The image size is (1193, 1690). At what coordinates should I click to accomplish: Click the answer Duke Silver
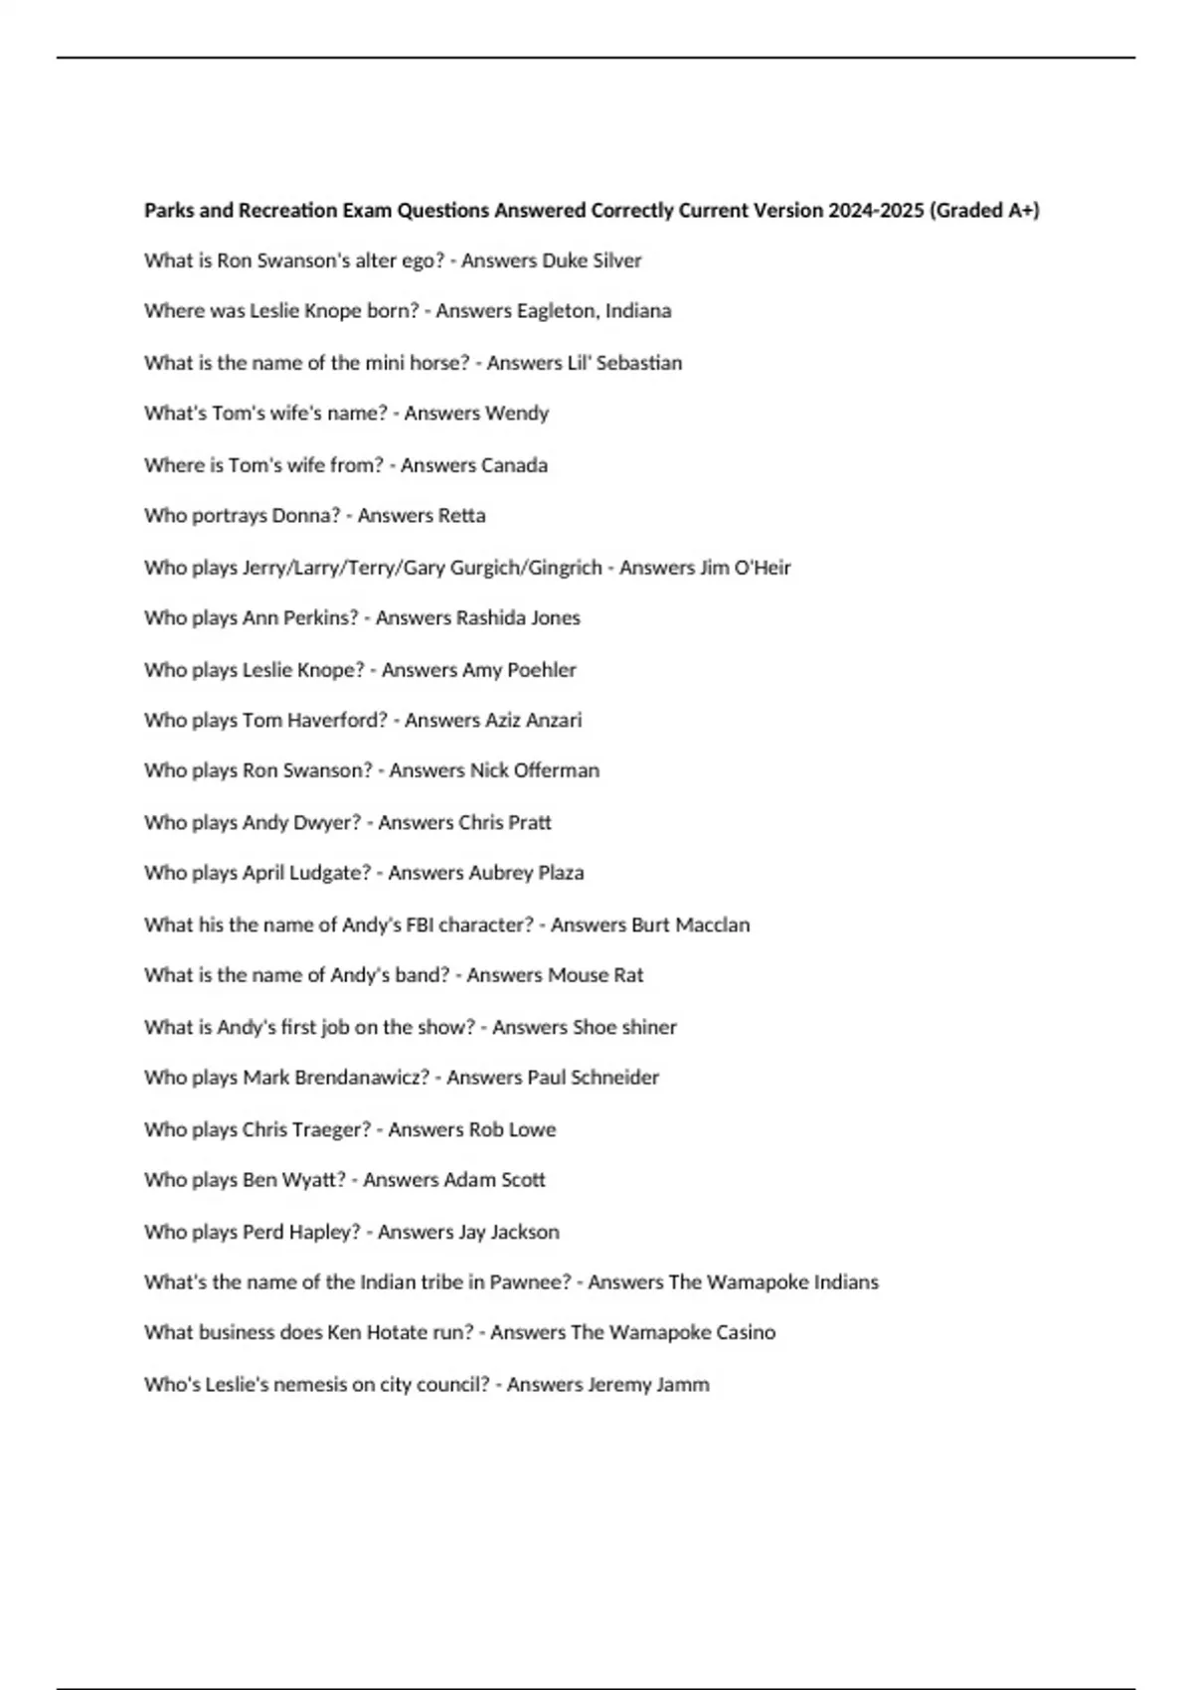[x=592, y=260]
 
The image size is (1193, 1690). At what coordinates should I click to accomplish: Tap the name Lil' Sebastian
[x=624, y=363]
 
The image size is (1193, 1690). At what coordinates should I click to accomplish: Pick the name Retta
[x=461, y=516]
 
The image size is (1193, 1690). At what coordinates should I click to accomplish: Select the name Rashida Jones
[x=518, y=618]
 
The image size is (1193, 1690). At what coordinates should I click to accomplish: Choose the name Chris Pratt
[x=505, y=823]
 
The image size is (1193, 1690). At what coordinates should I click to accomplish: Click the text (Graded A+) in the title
[x=983, y=211]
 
